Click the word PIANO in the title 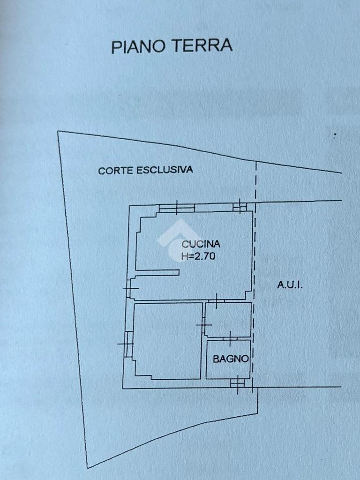pyautogui.click(x=138, y=46)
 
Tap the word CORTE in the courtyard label pyautogui.click(x=116, y=171)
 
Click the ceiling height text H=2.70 pyautogui.click(x=198, y=256)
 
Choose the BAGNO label pyautogui.click(x=230, y=359)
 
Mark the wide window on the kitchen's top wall pyautogui.click(x=177, y=208)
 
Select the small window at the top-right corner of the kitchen pyautogui.click(x=240, y=206)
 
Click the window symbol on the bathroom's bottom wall pyautogui.click(x=238, y=383)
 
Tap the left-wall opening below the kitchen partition pyautogui.click(x=130, y=288)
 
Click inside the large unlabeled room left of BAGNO pyautogui.click(x=167, y=341)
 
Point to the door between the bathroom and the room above pyautogui.click(x=230, y=338)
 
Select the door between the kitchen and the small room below pyautogui.click(x=217, y=300)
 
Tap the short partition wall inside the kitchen pyautogui.click(x=157, y=272)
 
